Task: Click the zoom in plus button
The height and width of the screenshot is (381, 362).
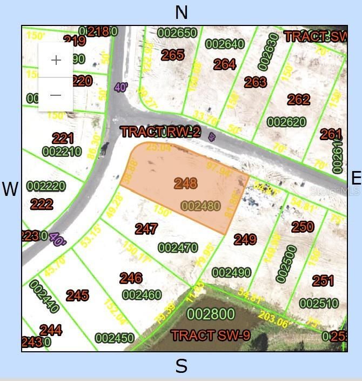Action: point(56,60)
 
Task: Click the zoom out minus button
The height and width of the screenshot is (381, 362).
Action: point(56,95)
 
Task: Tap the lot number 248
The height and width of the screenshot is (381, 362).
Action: point(185,183)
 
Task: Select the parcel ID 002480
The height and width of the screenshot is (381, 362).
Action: point(200,206)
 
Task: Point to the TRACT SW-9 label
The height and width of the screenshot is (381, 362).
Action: point(211,336)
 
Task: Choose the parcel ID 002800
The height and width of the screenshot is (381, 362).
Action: point(211,314)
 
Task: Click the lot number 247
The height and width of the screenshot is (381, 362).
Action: point(146,229)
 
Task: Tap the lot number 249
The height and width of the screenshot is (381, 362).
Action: point(245,239)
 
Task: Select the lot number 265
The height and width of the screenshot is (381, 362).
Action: point(173,55)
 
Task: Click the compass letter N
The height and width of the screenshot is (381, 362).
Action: point(182,12)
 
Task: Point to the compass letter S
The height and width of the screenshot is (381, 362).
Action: point(182,366)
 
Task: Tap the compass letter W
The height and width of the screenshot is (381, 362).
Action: point(10,189)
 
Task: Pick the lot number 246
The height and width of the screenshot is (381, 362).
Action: point(131,278)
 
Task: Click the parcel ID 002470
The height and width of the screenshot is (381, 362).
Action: point(178,248)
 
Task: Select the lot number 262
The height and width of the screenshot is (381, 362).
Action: point(298,100)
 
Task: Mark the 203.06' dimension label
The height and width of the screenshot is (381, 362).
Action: point(273,319)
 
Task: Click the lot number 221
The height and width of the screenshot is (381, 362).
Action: point(63,138)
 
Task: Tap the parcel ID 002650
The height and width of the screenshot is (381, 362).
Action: point(177,33)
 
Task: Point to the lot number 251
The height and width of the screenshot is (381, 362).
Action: point(323,281)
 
